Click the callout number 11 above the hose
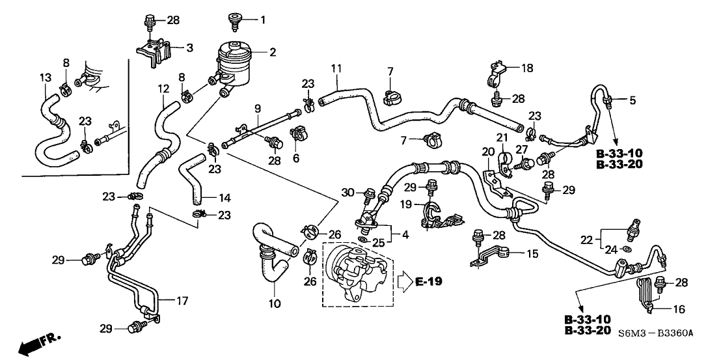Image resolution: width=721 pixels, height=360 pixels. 336,68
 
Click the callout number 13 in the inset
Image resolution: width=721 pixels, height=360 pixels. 45,77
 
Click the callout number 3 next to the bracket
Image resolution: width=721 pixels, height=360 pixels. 189,48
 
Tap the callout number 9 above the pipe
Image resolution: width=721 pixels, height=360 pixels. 257,107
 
